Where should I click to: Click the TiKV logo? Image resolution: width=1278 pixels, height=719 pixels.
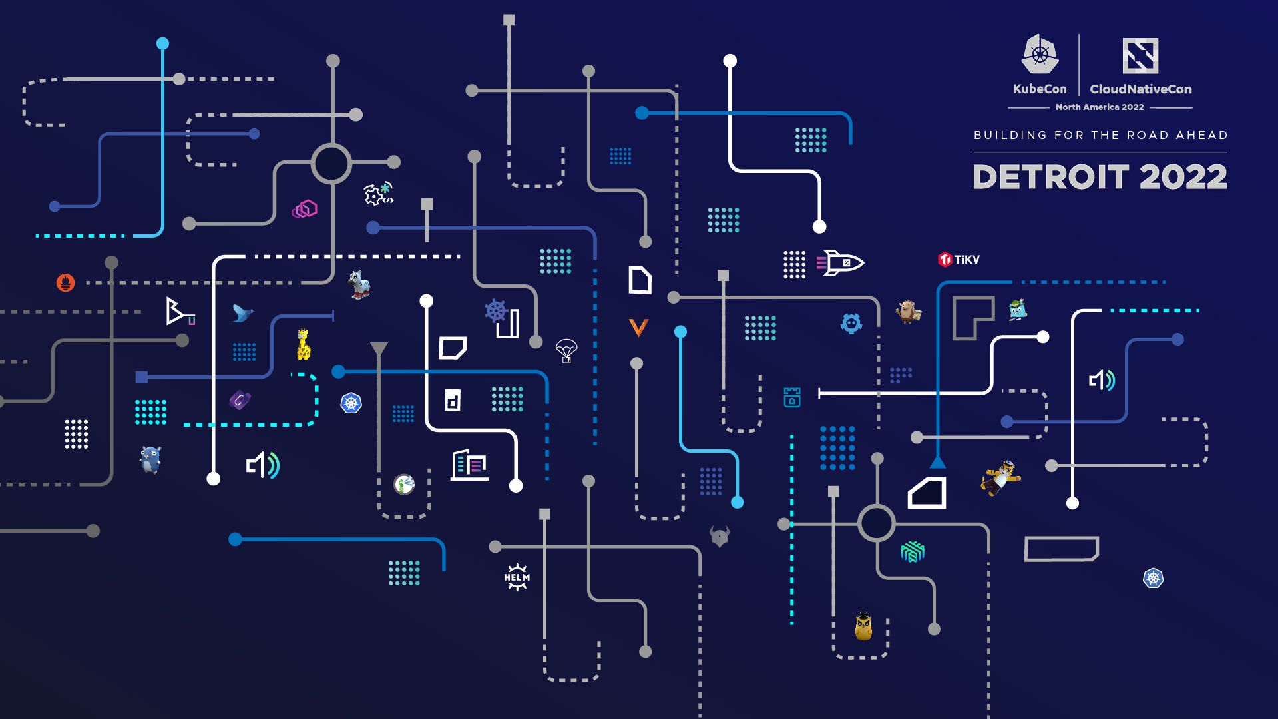958,260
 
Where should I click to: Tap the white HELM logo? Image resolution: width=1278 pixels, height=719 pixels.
517,577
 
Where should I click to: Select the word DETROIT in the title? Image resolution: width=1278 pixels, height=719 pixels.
1050,177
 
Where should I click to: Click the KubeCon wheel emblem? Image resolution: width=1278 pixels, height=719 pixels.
1040,55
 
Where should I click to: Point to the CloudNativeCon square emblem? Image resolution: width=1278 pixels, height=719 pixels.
1140,55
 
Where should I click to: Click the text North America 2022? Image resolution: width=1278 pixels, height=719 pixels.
1100,107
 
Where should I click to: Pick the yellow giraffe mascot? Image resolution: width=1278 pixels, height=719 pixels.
304,344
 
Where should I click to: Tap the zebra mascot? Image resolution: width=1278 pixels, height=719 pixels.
359,284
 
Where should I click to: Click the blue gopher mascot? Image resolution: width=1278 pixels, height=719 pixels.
150,459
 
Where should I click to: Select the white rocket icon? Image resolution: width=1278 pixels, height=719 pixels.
841,263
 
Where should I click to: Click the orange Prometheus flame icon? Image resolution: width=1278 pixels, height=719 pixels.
65,282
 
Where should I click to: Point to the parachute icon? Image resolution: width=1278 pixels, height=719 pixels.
566,350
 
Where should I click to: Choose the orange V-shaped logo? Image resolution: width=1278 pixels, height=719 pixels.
638,327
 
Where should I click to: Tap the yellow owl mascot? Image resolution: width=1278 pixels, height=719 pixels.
863,626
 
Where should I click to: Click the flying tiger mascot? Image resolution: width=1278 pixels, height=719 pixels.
1000,477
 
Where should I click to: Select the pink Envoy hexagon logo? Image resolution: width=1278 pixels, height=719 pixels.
305,210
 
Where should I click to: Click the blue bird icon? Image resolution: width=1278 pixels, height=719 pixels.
242,313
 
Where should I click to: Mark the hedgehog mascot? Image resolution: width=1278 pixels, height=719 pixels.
908,311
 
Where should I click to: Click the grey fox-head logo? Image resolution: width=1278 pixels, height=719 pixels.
720,536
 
